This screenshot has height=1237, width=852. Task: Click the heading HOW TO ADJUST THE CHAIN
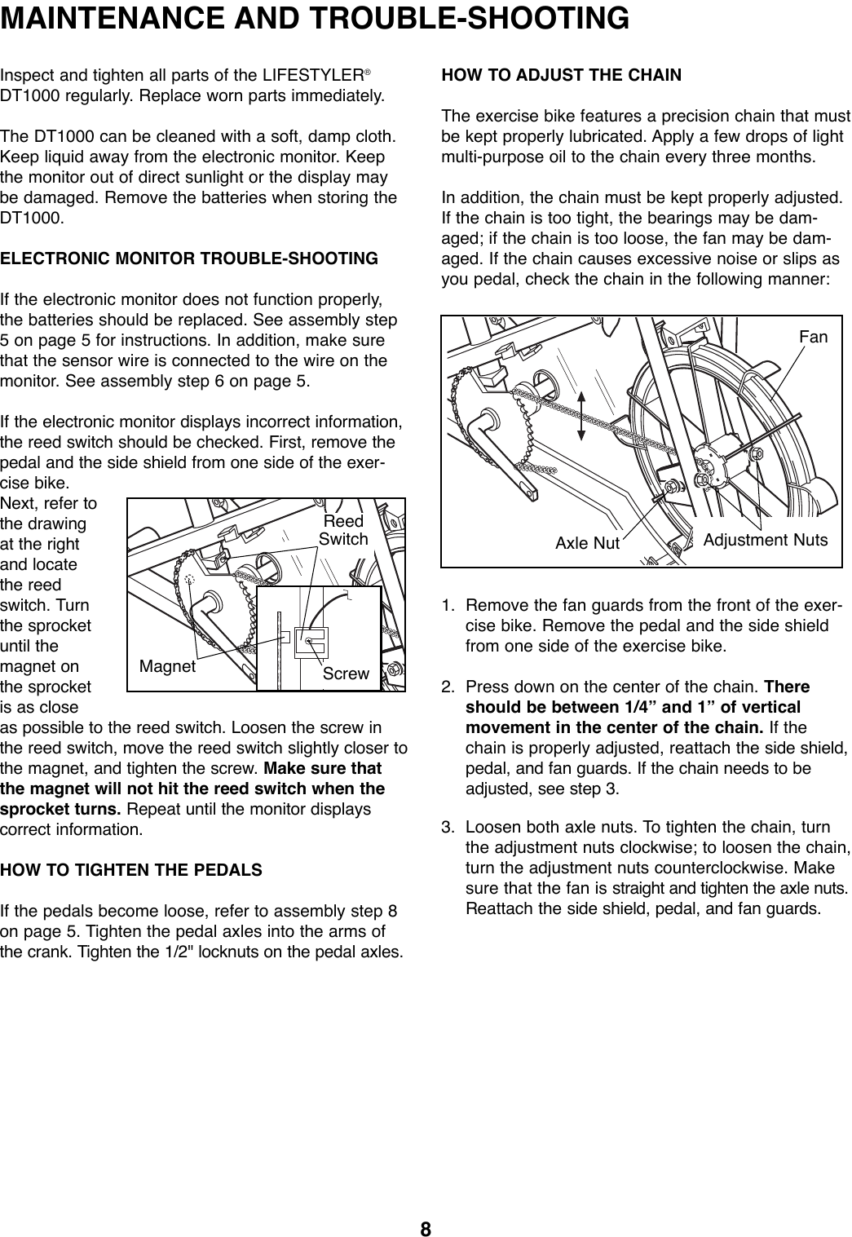[561, 76]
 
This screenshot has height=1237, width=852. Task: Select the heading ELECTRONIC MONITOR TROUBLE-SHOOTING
[189, 259]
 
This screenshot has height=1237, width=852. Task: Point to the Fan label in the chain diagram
[813, 336]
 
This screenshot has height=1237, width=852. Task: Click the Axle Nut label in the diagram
[587, 542]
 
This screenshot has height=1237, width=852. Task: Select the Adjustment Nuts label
[765, 540]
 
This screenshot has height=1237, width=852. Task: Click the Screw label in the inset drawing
[346, 674]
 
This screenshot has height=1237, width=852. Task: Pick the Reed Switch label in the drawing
[343, 530]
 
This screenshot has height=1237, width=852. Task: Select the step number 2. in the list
[448, 687]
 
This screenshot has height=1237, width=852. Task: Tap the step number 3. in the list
[448, 829]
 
